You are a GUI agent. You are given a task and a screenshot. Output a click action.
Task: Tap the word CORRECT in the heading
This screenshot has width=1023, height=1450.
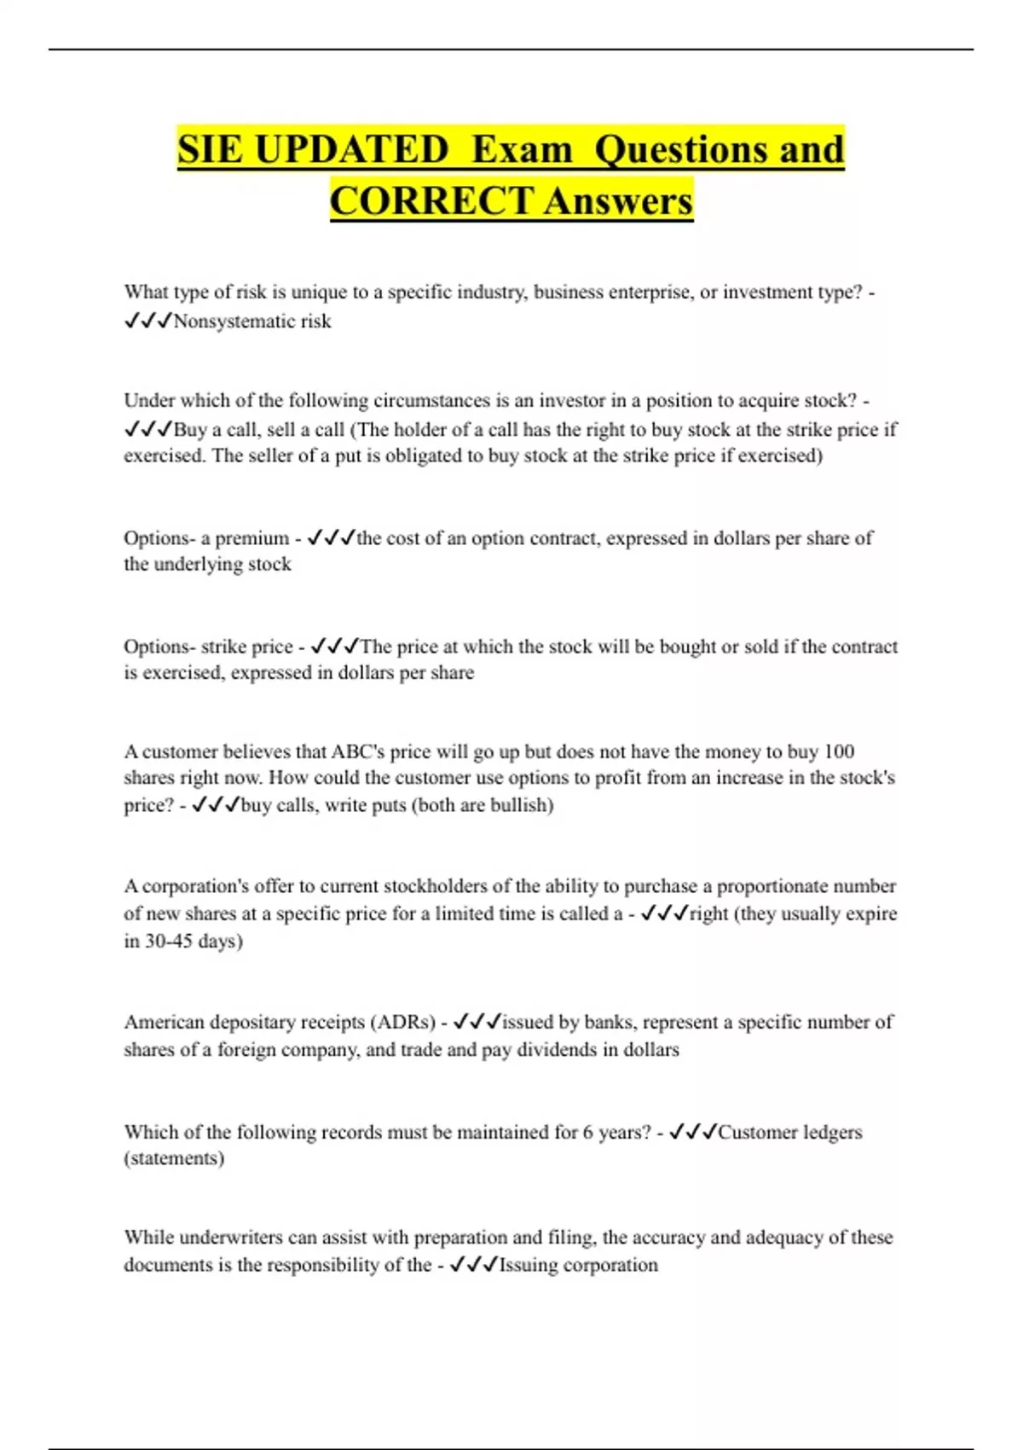pos(431,201)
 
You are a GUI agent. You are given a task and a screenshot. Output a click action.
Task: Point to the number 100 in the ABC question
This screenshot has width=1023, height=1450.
pos(839,751)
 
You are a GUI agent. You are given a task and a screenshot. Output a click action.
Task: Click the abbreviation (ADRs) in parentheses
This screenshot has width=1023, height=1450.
pos(404,1022)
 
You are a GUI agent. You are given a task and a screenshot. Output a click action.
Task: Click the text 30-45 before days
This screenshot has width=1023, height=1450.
pos(169,941)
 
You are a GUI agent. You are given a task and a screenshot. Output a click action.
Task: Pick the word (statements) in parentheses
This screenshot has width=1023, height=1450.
pos(174,1158)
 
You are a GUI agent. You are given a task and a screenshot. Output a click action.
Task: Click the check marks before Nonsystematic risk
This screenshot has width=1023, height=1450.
pos(147,322)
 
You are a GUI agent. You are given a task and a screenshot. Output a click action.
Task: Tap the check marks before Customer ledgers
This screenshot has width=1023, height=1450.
pos(692,1132)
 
